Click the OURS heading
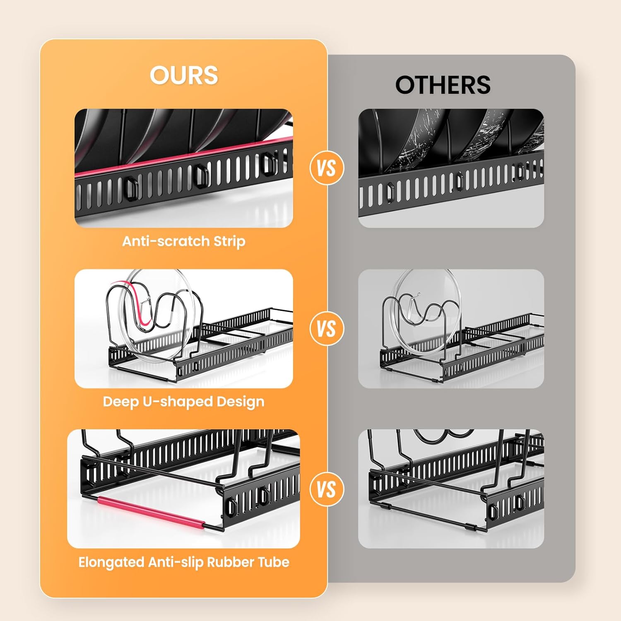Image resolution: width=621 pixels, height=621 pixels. coord(184,75)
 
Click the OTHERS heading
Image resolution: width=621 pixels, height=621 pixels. coord(443,85)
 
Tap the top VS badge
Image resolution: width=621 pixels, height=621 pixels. coord(327,168)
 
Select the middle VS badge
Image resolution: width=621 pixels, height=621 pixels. coord(327,329)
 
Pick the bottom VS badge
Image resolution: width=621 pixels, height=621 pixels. coord(327,489)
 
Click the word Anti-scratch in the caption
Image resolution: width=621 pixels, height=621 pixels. coord(166,241)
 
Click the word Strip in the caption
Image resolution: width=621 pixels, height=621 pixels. coord(229,242)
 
